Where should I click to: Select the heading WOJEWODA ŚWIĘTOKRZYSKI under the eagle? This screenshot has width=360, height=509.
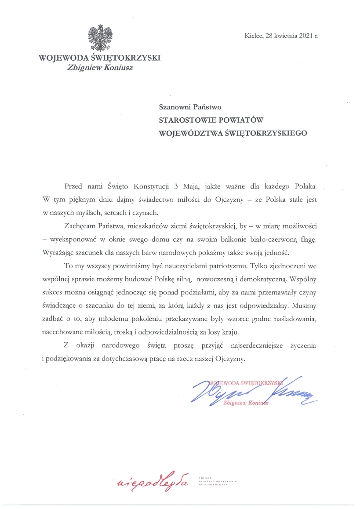click(100, 58)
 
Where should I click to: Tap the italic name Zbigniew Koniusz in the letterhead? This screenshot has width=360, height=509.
click(100, 67)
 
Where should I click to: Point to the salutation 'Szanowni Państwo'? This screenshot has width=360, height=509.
click(186, 106)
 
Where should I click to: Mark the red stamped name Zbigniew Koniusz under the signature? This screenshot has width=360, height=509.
click(246, 403)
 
